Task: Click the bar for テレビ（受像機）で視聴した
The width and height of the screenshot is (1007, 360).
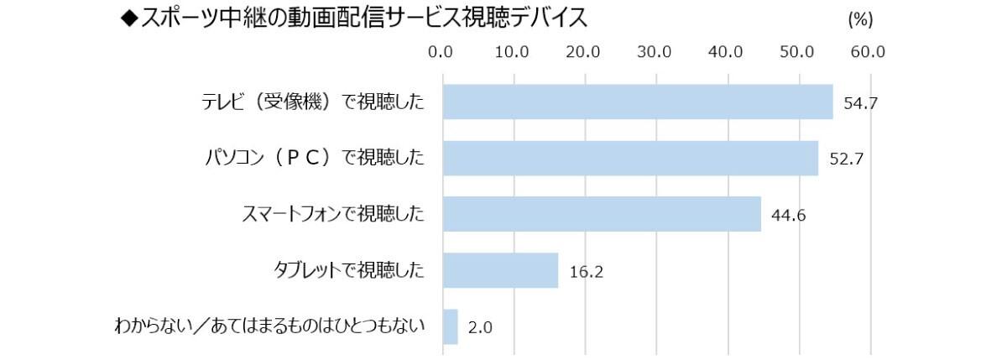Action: [x=637, y=102]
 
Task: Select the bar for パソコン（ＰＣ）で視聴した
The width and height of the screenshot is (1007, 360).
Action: [x=629, y=158]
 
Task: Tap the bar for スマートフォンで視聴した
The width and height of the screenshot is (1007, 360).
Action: [x=601, y=214]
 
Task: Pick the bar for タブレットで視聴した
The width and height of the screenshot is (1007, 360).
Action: [x=500, y=270]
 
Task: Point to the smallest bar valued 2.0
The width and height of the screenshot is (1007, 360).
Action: [x=450, y=326]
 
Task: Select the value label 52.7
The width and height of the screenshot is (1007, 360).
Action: [x=845, y=159]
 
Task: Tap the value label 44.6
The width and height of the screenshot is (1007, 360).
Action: [x=788, y=216]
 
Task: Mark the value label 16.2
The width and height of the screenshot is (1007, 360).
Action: [x=586, y=272]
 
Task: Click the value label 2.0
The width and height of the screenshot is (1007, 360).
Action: [x=479, y=327]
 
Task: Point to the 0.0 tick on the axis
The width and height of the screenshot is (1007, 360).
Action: [x=441, y=52]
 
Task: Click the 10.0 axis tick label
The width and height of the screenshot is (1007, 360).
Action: [x=512, y=52]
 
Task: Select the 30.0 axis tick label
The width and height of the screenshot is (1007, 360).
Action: [x=655, y=52]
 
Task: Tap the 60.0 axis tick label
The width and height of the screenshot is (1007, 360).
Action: [x=868, y=52]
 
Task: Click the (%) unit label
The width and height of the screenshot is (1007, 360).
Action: [x=861, y=19]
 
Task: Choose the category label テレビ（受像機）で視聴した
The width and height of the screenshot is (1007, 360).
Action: [x=312, y=102]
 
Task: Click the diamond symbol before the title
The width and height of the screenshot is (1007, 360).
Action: [x=129, y=18]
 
